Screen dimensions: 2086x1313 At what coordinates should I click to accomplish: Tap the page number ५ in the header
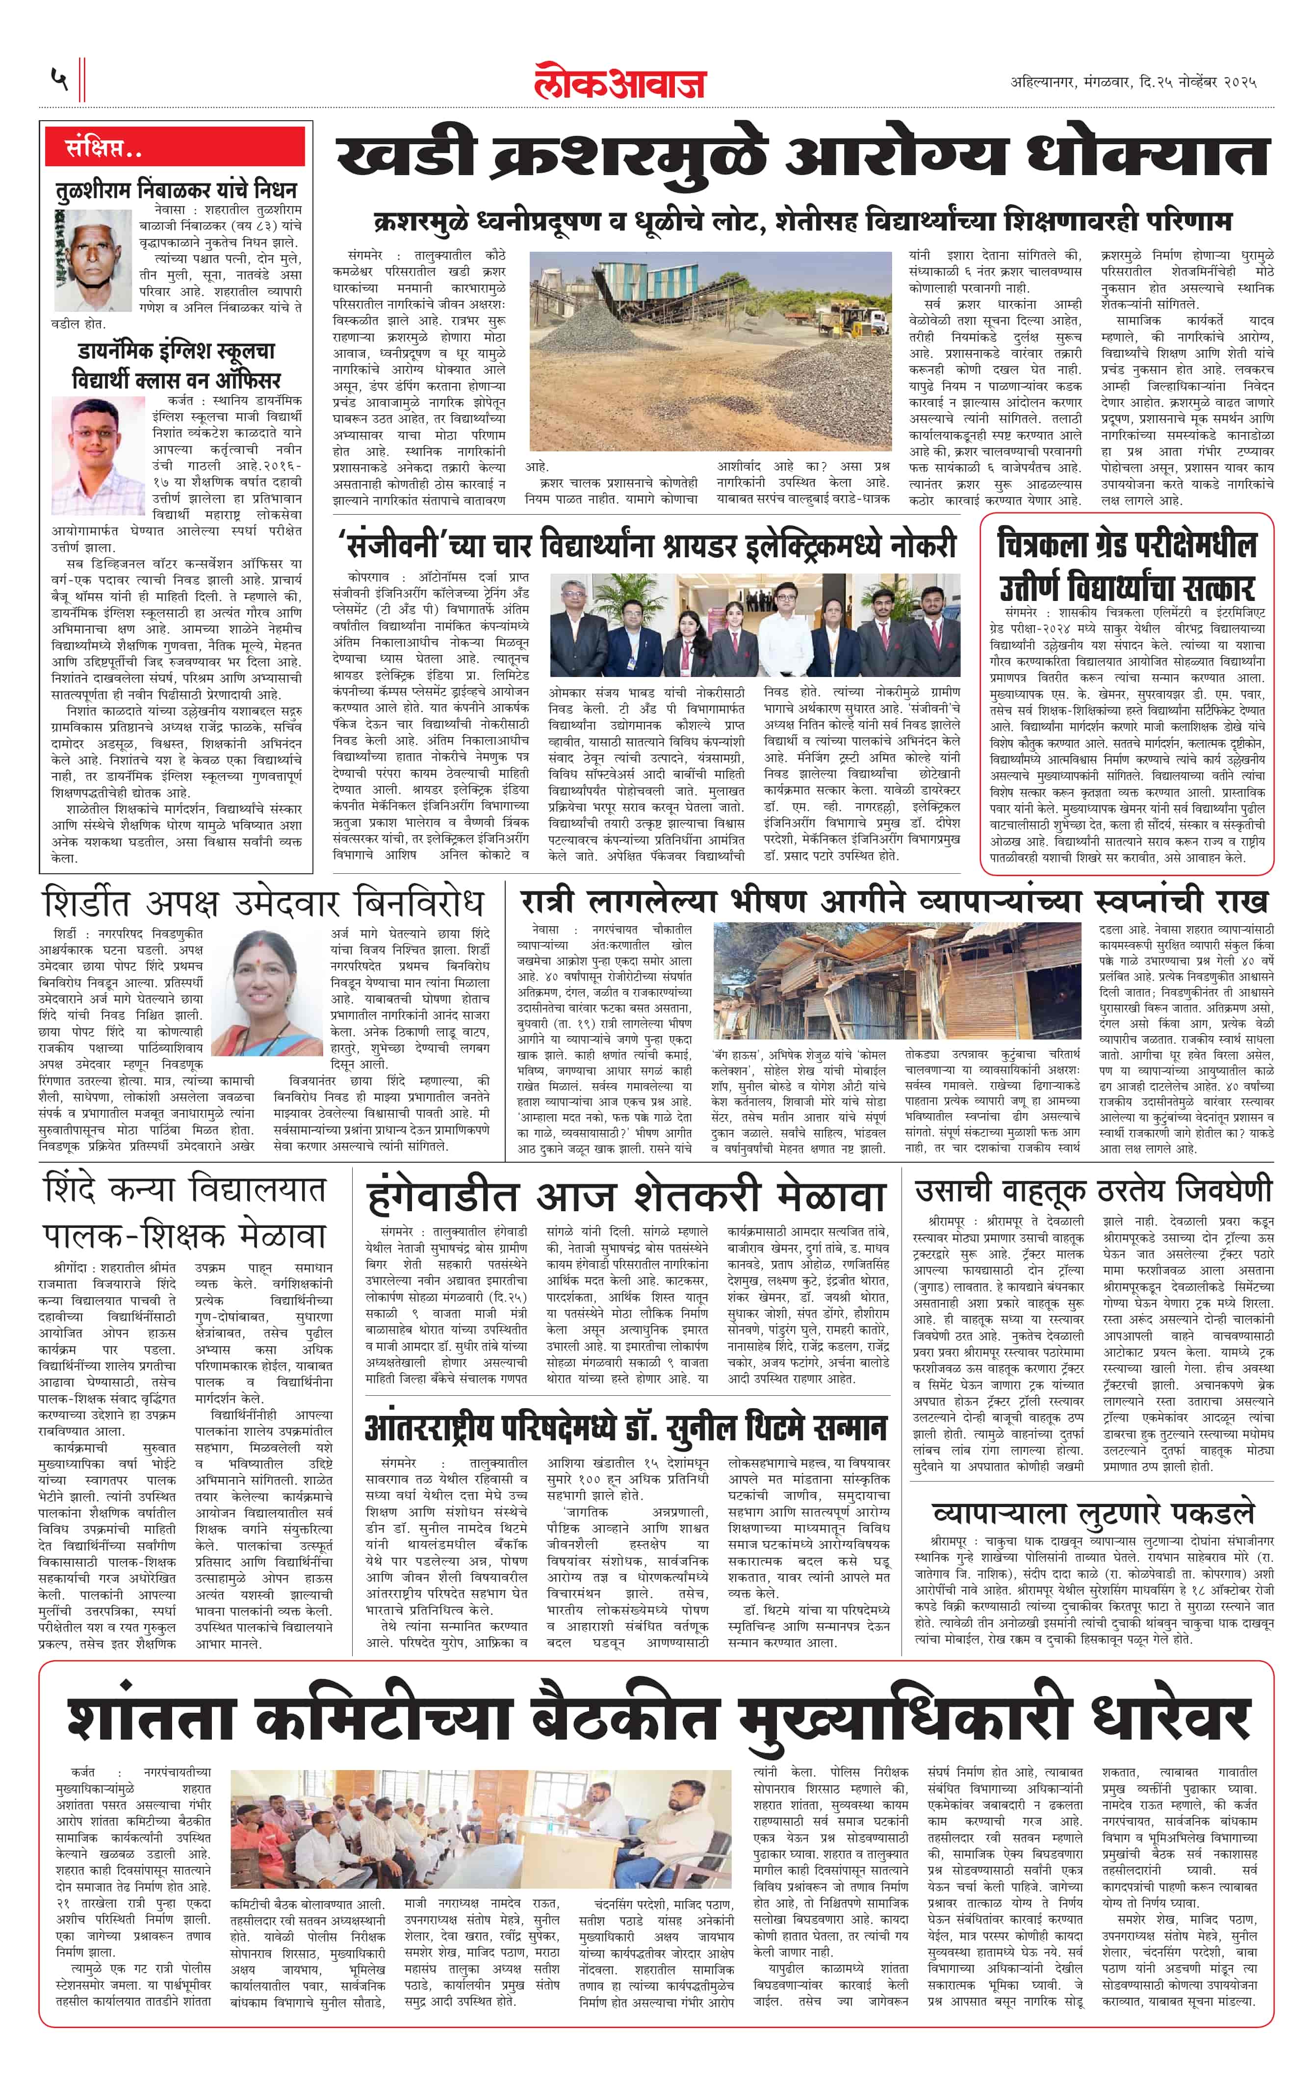tap(59, 79)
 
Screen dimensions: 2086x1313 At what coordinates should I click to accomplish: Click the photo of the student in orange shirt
tap(98, 457)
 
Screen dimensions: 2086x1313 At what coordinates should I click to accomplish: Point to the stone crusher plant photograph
tap(709, 351)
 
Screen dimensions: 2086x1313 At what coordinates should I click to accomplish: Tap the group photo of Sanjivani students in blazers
tap(754, 626)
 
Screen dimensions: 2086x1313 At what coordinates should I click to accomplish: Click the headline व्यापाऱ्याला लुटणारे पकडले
tap(1093, 1513)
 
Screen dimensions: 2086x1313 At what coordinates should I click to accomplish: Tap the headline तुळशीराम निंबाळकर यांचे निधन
tap(176, 190)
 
